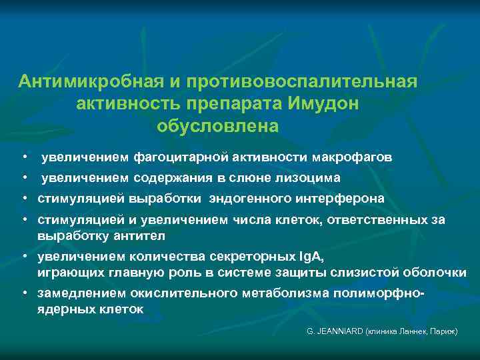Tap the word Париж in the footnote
tap(441, 331)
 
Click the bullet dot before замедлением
tap(24, 294)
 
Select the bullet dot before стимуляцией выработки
tap(24, 199)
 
